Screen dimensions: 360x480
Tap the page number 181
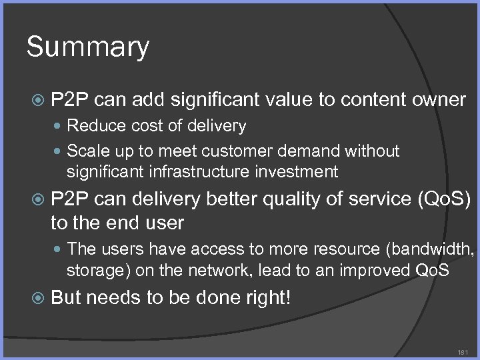coord(463,352)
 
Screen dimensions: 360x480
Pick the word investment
coord(295,172)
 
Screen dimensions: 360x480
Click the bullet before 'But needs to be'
coord(39,297)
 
